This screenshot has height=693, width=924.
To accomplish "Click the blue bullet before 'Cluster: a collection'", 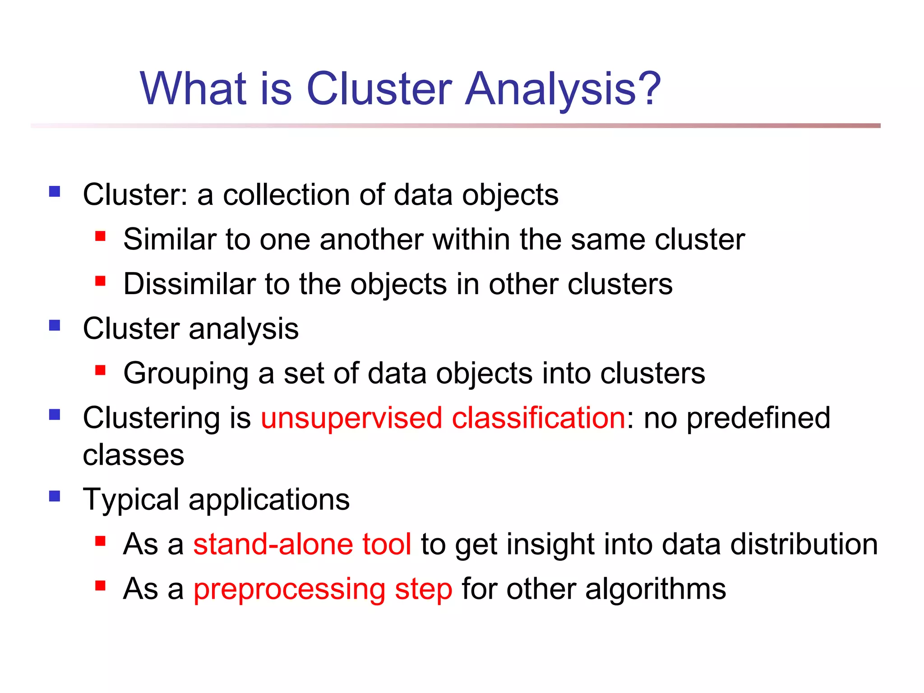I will [55, 192].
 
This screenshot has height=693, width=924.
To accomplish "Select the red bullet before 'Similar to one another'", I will [100, 236].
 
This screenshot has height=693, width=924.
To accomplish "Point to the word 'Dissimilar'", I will [189, 284].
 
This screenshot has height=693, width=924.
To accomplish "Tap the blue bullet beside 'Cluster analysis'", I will [55, 325].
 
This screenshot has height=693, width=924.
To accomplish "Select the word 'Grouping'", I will [185, 374].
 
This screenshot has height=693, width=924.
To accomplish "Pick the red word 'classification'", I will [538, 417].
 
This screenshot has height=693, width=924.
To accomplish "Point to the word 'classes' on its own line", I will [134, 455].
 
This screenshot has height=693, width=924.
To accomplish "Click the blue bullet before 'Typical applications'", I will [55, 496].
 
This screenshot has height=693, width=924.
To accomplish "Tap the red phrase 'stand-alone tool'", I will [302, 544].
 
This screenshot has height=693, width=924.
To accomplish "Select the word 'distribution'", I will [804, 544].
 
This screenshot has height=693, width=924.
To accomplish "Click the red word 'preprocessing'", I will [289, 589].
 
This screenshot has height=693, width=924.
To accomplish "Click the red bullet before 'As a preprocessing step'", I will [100, 586].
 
